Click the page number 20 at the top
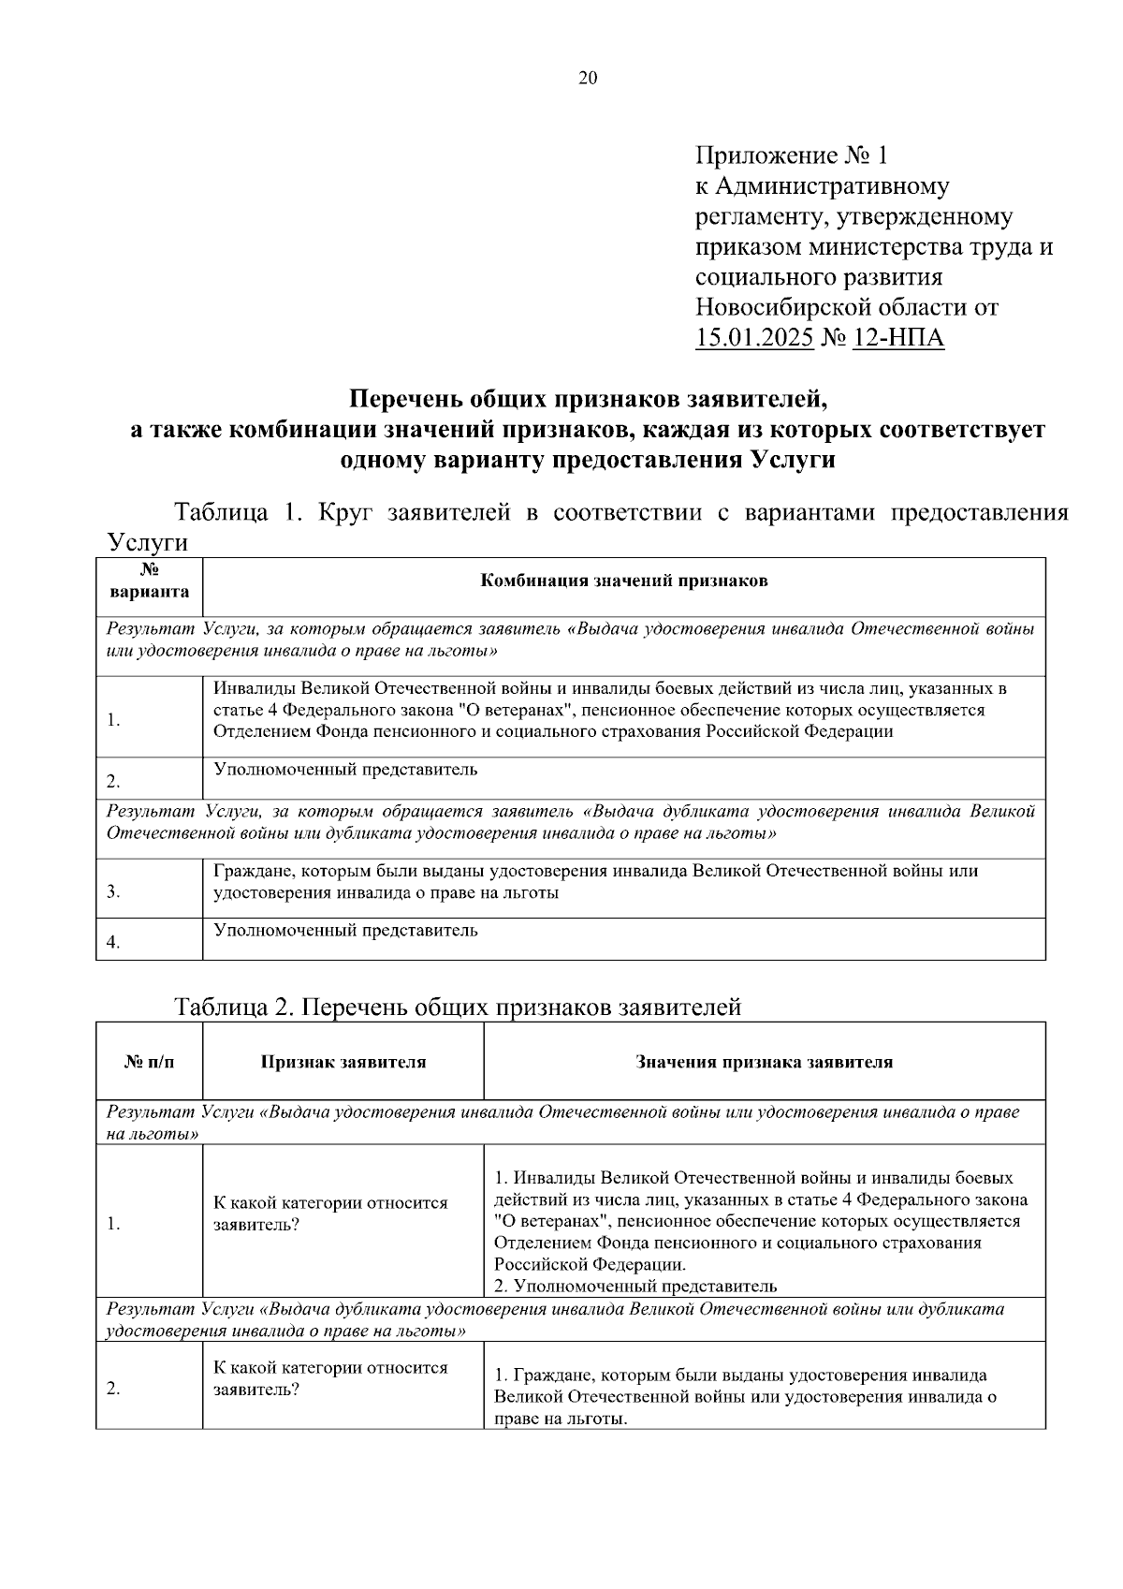(x=588, y=79)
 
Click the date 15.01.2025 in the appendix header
(x=754, y=338)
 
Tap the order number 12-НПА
(x=898, y=338)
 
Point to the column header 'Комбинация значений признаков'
(x=623, y=581)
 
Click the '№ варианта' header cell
(x=150, y=581)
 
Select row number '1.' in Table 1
(x=113, y=720)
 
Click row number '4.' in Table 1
(x=113, y=943)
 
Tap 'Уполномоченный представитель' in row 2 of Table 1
(x=345, y=770)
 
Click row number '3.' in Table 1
(x=113, y=892)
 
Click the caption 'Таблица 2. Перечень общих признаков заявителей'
(x=458, y=1008)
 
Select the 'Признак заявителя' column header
(x=343, y=1062)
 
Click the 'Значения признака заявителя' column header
(x=764, y=1062)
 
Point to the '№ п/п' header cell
(x=150, y=1062)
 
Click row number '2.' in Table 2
(x=113, y=1389)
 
